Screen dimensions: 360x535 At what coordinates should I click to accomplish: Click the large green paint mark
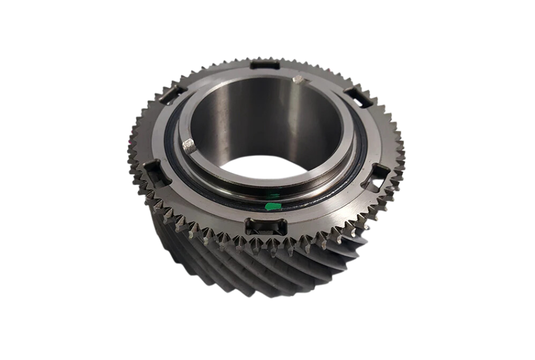pyautogui.click(x=272, y=206)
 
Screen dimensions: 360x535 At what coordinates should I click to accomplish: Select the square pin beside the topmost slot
pyautogui.click(x=298, y=80)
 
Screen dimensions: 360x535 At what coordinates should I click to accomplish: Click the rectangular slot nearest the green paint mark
pyautogui.click(x=266, y=225)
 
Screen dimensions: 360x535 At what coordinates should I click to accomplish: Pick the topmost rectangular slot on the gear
pyautogui.click(x=265, y=65)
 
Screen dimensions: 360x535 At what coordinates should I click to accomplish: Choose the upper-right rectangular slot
pyautogui.click(x=358, y=98)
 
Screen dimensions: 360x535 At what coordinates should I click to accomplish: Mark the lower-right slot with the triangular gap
pyautogui.click(x=375, y=176)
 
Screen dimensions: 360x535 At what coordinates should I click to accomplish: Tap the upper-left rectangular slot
pyautogui.click(x=172, y=93)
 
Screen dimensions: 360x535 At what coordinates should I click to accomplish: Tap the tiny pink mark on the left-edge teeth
pyautogui.click(x=131, y=142)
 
